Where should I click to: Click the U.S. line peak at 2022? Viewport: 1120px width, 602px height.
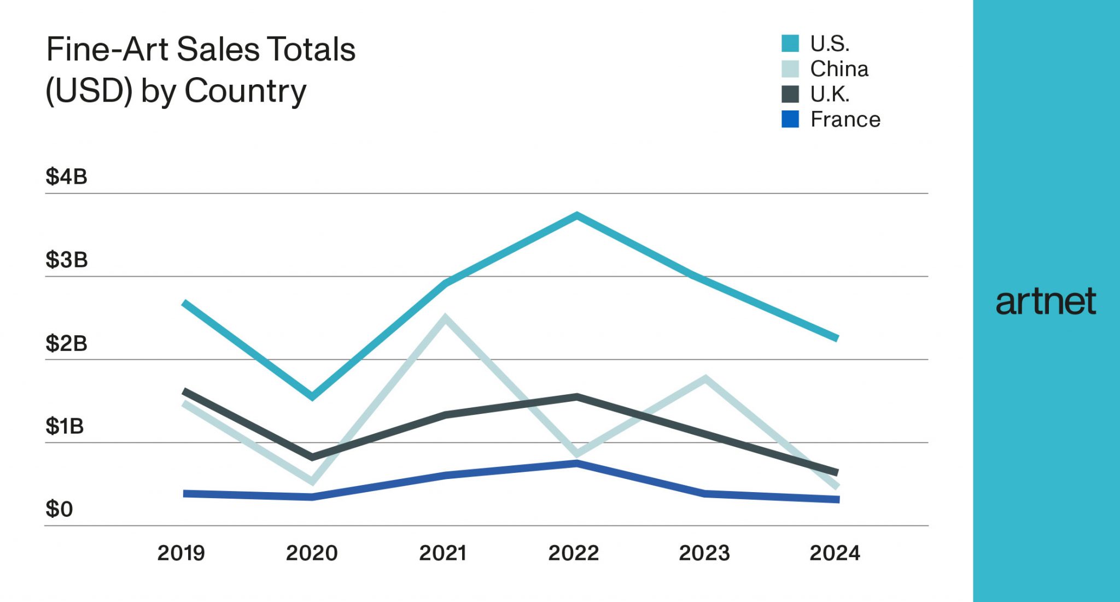577,216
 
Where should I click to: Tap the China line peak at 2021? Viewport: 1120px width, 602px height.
446,318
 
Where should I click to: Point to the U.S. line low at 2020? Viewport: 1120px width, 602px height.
312,396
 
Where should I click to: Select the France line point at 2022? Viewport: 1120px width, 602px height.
577,464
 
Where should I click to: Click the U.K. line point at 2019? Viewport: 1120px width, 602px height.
185,391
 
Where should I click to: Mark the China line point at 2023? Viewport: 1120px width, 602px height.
705,378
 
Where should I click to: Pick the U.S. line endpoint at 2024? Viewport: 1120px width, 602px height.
837,338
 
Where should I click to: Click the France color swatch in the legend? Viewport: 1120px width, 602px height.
790,119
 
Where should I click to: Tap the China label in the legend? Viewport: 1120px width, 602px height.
839,69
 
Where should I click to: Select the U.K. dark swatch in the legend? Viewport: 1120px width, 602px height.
790,94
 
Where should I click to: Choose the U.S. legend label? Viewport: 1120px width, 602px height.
830,44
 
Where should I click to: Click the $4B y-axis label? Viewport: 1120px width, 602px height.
66,177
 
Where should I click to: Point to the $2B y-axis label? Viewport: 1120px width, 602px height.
66,343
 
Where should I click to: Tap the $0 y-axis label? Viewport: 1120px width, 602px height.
59,509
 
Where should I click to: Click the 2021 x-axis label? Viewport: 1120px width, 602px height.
443,553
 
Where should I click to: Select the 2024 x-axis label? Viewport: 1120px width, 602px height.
835,553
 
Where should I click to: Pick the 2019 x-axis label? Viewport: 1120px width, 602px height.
181,553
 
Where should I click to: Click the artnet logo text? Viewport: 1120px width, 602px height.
1046,302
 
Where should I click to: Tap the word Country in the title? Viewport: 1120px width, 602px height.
245,91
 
